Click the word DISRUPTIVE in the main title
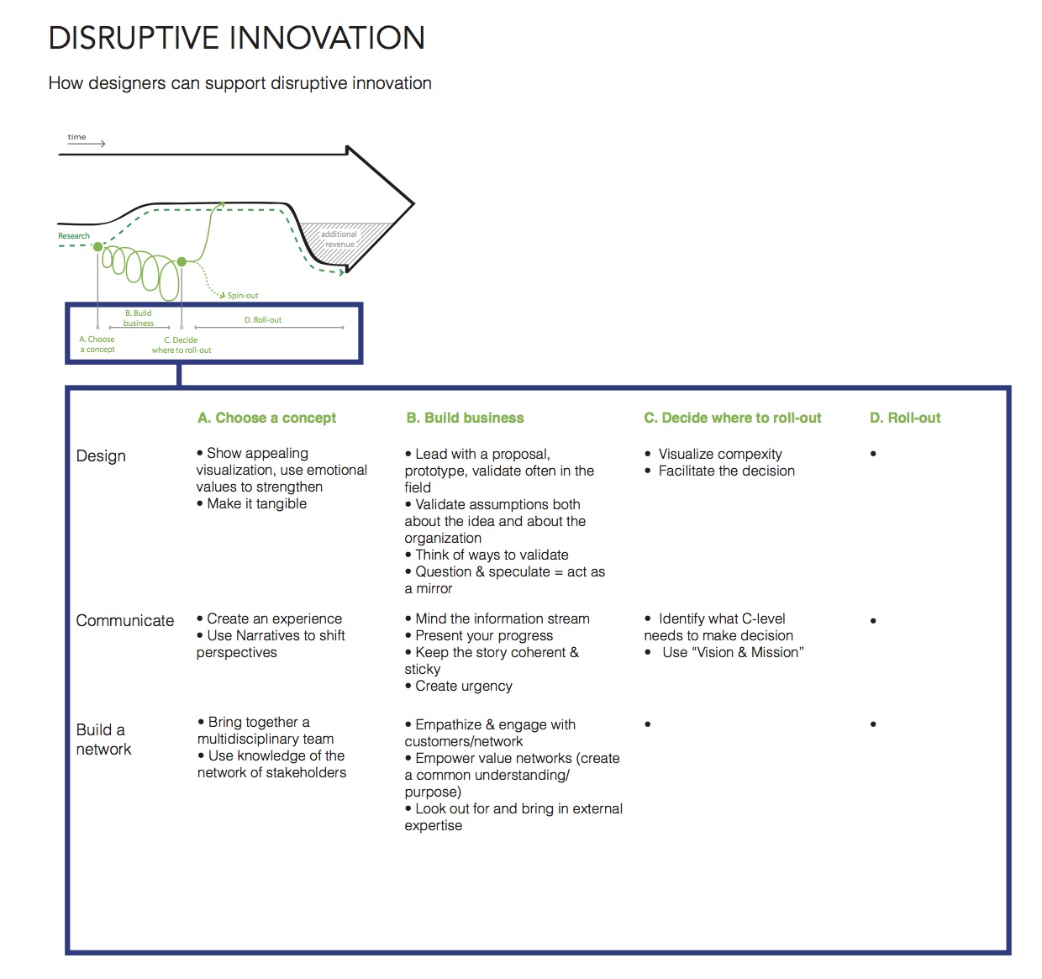click(134, 38)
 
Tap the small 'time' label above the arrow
click(76, 137)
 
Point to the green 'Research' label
click(73, 235)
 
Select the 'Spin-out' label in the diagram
click(242, 296)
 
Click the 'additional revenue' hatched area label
click(339, 239)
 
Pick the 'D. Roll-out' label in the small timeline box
click(263, 319)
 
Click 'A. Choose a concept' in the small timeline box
click(97, 345)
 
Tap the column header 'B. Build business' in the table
click(465, 418)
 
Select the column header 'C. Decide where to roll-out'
click(733, 418)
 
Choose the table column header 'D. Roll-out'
click(905, 418)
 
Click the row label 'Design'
click(101, 455)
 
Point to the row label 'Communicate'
click(125, 620)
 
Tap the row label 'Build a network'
click(103, 740)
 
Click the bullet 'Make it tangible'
click(252, 503)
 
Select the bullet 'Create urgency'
click(459, 686)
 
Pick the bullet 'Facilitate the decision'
click(720, 471)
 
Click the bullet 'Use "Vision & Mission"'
click(724, 652)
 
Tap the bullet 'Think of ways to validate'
click(487, 555)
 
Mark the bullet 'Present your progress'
click(479, 635)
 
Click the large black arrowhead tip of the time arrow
click(414, 203)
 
